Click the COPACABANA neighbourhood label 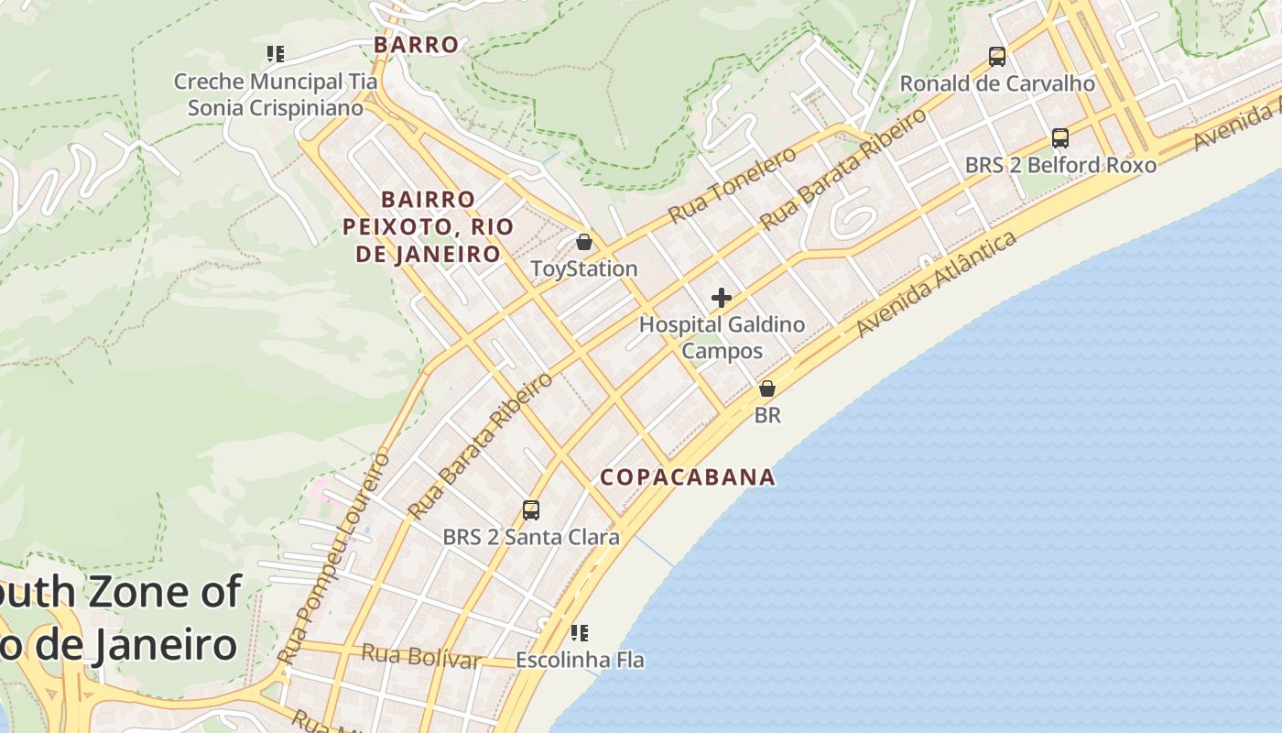click(688, 477)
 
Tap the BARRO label click(416, 45)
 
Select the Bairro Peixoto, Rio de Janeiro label click(421, 226)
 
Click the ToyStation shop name click(584, 269)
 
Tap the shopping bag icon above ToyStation click(584, 243)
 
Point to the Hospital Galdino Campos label click(722, 337)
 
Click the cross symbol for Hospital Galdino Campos click(722, 298)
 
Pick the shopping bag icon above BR click(767, 389)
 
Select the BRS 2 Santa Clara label click(531, 538)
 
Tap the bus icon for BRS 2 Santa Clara click(531, 510)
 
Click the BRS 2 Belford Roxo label click(1060, 166)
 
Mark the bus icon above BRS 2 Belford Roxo click(1060, 138)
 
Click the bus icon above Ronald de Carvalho click(997, 57)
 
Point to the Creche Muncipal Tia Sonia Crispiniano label click(276, 94)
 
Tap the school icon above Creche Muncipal click(276, 54)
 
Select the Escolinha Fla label click(580, 660)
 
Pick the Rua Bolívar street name click(421, 657)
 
